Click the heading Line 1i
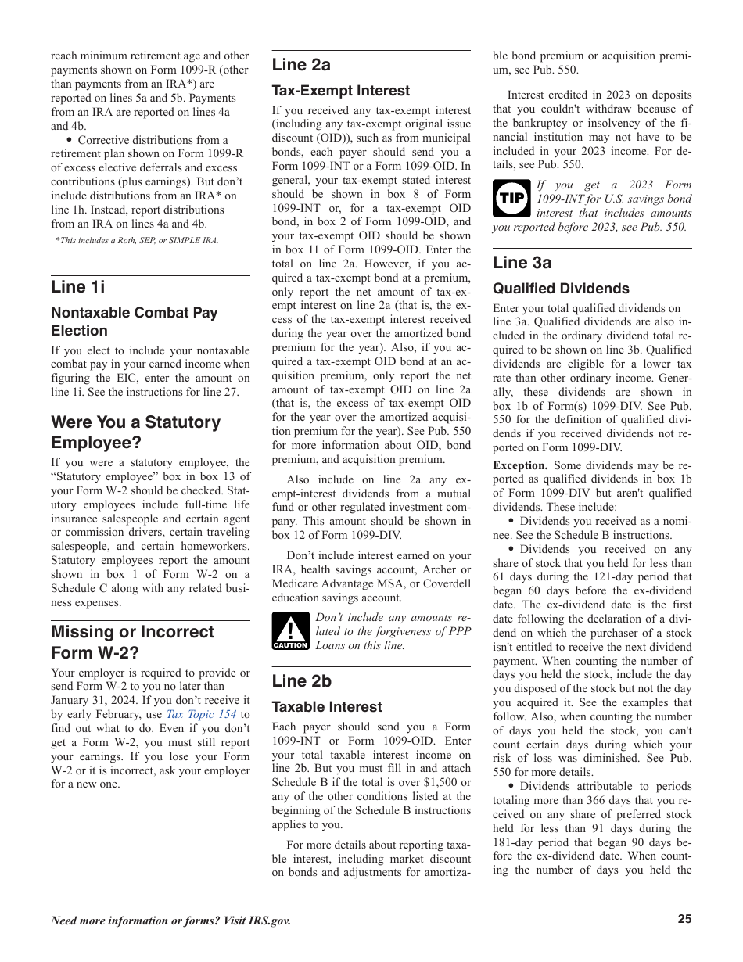pyautogui.click(x=77, y=286)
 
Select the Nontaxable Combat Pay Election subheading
pyautogui.click(x=134, y=321)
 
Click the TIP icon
pyautogui.click(x=511, y=199)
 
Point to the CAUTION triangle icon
pyautogui.click(x=290, y=631)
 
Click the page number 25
pyautogui.click(x=684, y=920)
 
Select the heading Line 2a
pyautogui.click(x=301, y=64)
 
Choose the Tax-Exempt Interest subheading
pyautogui.click(x=340, y=91)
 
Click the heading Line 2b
pyautogui.click(x=301, y=680)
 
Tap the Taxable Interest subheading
pyautogui.click(x=327, y=707)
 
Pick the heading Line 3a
pyautogui.click(x=522, y=262)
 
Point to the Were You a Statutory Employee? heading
pyautogui.click(x=135, y=432)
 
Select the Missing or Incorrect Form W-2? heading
pyautogui.click(x=132, y=641)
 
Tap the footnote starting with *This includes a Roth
pyautogui.click(x=137, y=241)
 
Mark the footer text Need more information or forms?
pyautogui.click(x=170, y=921)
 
